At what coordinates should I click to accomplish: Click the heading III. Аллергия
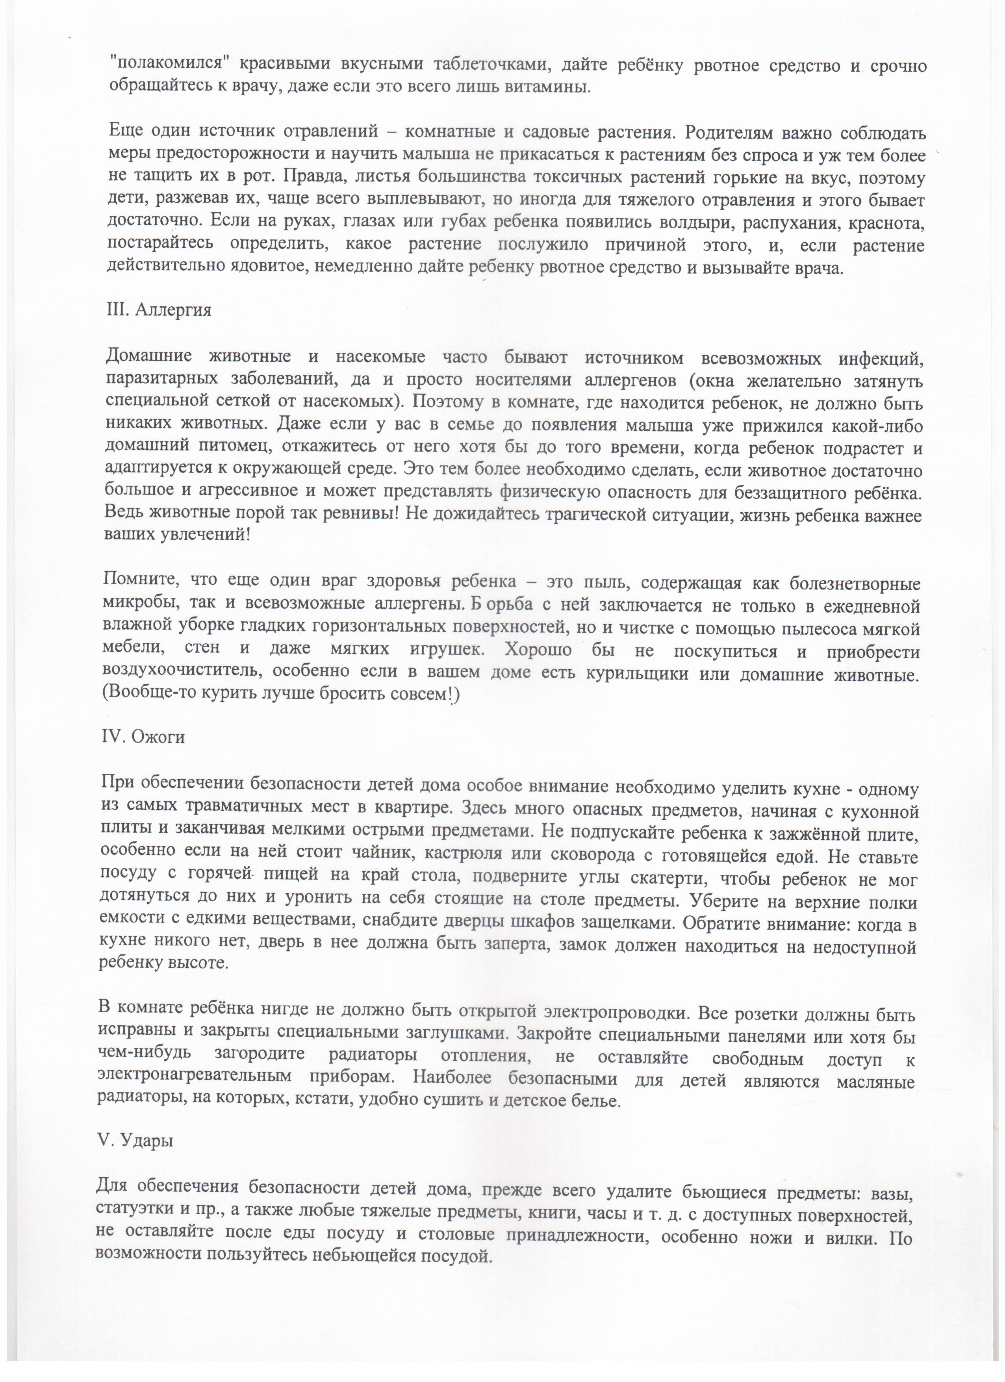(x=159, y=309)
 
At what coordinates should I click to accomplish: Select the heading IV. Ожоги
(x=143, y=737)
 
